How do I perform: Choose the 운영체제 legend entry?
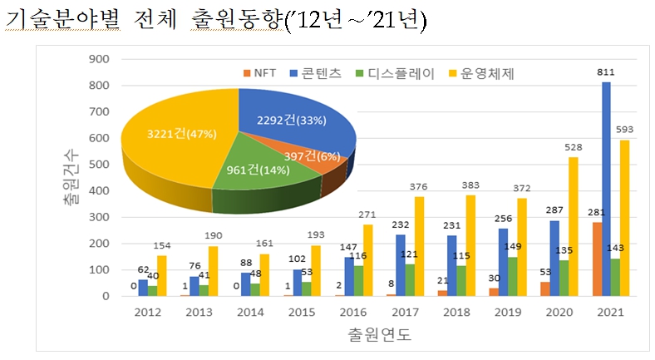coord(483,73)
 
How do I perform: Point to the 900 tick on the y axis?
coord(98,59)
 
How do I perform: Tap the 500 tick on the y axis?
coord(98,165)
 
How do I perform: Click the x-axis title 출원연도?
coord(377,336)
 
